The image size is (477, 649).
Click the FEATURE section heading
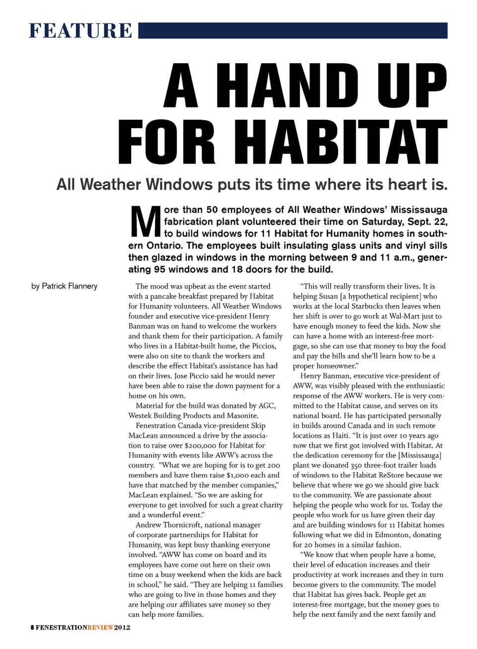click(80, 30)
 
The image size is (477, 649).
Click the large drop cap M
click(145, 222)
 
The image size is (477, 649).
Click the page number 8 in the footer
click(32, 627)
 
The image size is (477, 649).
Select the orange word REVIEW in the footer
click(100, 627)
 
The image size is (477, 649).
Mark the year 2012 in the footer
click(122, 627)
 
